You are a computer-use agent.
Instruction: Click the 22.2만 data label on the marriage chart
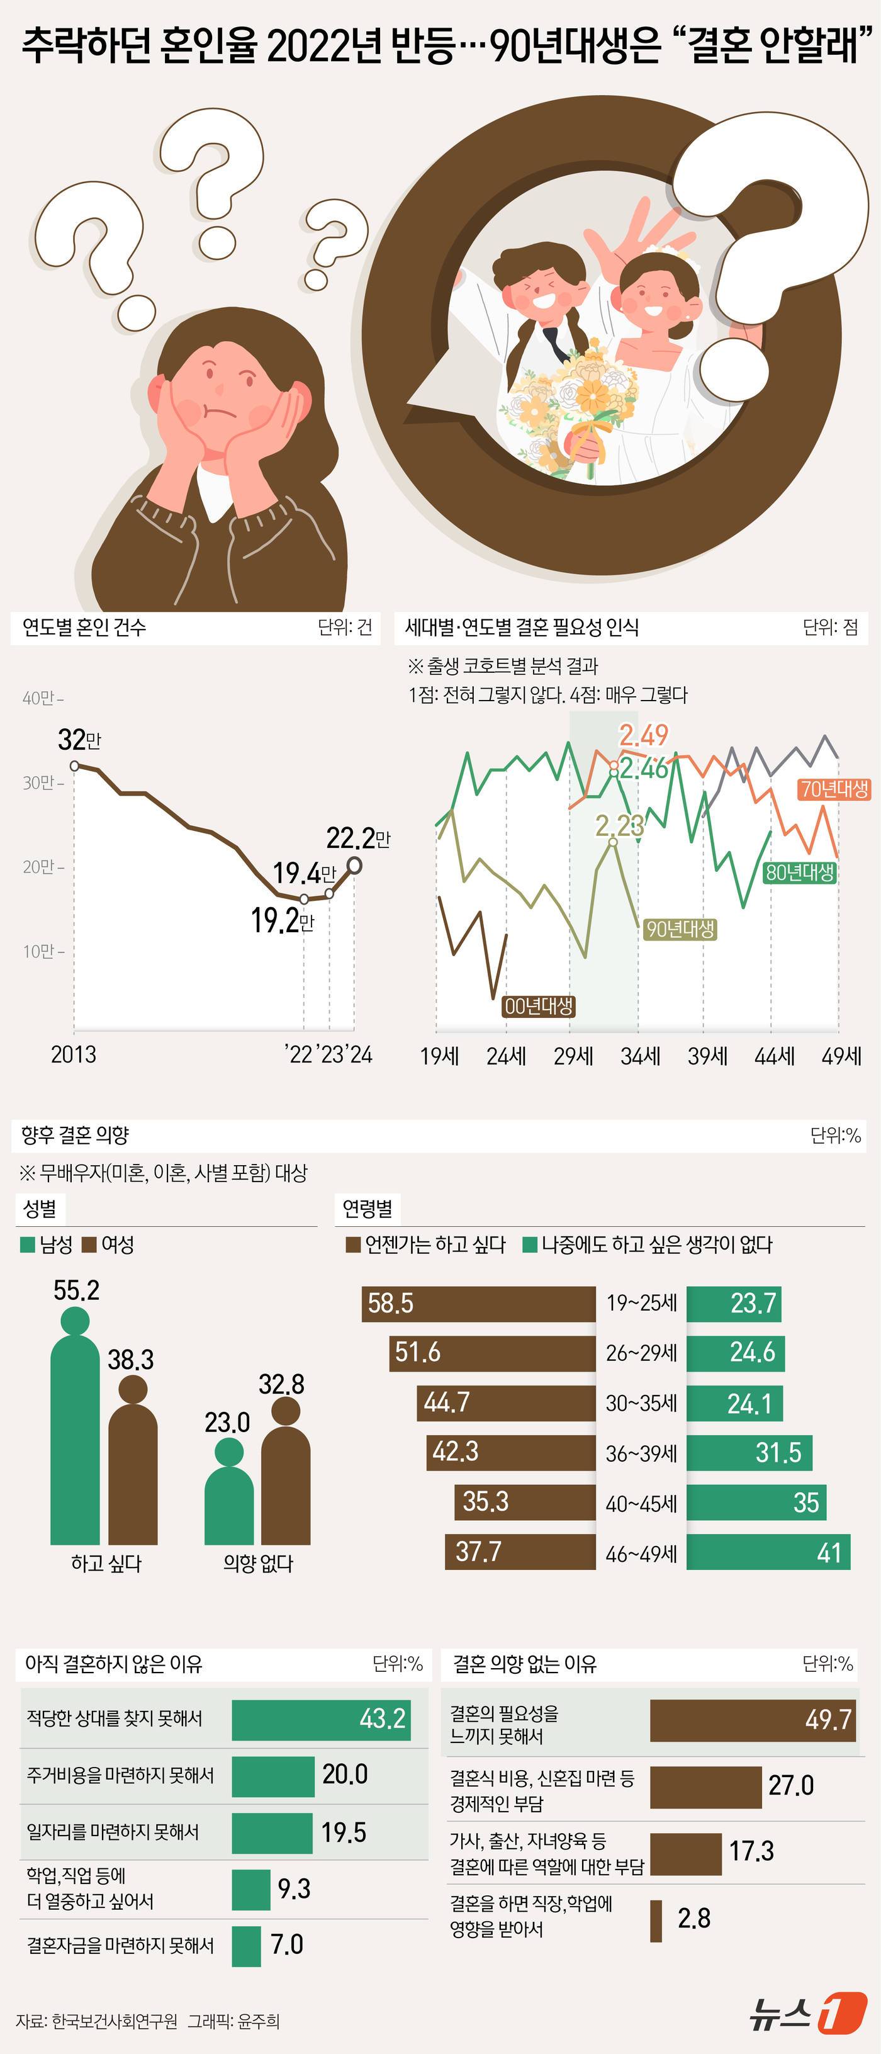point(357,838)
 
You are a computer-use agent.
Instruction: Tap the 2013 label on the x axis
point(74,1054)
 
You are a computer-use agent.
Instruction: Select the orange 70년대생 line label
point(834,789)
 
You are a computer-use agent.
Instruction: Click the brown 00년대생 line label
point(539,1007)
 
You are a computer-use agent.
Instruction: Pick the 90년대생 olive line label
point(679,929)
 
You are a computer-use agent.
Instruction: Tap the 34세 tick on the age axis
point(640,1056)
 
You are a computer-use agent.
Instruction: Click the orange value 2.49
point(643,735)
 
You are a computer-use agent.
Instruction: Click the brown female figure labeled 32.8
point(286,1475)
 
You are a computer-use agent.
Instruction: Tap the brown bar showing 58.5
point(478,1303)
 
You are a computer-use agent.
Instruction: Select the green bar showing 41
point(768,1552)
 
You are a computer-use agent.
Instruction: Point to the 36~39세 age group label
point(641,1453)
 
